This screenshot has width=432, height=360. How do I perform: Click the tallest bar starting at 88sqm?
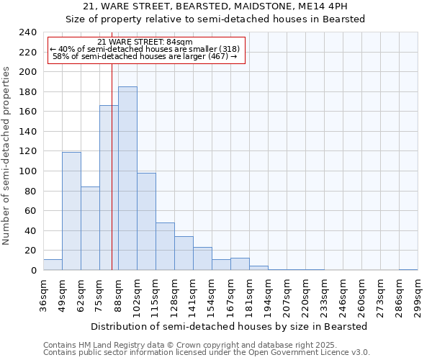(x=127, y=179)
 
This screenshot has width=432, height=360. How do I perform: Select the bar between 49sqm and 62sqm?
(x=71, y=211)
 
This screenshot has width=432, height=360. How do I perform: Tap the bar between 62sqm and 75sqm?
(x=90, y=228)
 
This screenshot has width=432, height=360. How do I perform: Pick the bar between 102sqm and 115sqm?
(x=146, y=222)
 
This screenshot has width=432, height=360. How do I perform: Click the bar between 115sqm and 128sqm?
(x=165, y=246)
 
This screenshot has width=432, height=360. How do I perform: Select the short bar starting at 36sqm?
(x=53, y=265)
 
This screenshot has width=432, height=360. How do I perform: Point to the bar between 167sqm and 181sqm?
(x=240, y=264)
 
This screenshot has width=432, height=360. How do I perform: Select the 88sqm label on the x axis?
(x=118, y=294)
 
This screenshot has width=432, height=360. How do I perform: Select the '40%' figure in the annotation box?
(x=66, y=49)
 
